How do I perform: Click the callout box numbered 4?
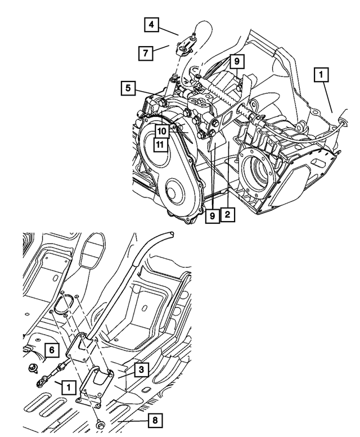151,25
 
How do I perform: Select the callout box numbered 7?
146,53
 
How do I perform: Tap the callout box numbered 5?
128,88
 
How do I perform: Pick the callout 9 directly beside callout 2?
212,215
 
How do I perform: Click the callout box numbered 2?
227,215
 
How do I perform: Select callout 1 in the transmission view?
321,74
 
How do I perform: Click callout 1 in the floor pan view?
67,387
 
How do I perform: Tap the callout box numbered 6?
52,350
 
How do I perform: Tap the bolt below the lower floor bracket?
101,423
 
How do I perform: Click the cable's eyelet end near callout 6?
40,382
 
